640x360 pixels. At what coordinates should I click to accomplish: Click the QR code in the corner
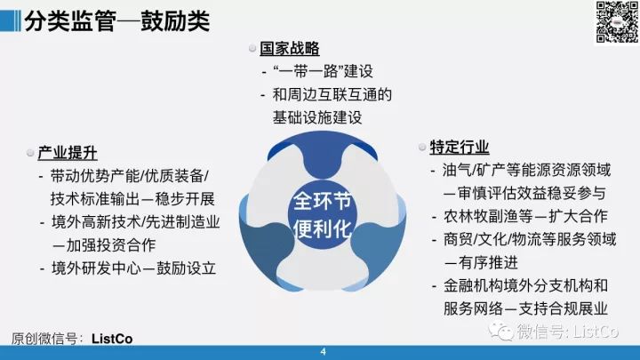[x=617, y=22]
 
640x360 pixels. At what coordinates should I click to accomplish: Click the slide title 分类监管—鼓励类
[x=116, y=21]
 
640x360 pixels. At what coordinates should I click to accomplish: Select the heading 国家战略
[x=290, y=49]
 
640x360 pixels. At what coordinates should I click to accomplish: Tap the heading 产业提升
[x=68, y=153]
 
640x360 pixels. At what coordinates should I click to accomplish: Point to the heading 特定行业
[x=460, y=147]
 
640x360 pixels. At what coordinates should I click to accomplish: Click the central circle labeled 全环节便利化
[x=323, y=215]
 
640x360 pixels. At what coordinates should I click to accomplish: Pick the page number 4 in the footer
[x=324, y=352]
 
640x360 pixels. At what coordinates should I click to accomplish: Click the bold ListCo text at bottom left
[x=112, y=339]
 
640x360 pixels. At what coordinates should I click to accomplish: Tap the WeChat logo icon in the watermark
[x=501, y=331]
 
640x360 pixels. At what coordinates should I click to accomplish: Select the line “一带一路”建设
[x=323, y=71]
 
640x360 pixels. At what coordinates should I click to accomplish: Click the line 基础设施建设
[x=317, y=117]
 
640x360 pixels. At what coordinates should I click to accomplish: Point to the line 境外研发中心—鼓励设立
[x=133, y=268]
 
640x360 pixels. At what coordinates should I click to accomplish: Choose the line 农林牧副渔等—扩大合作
[x=525, y=216]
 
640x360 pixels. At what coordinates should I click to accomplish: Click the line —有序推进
[x=481, y=262]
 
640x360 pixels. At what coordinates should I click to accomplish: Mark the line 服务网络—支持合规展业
[x=525, y=308]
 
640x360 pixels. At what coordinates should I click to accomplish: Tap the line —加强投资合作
[x=104, y=245]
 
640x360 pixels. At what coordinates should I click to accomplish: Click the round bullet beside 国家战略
[x=252, y=48]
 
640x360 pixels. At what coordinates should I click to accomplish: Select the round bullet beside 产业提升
[x=30, y=153]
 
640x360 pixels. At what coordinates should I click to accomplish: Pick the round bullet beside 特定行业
[x=422, y=147]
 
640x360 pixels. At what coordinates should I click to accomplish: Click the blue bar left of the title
[x=10, y=20]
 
